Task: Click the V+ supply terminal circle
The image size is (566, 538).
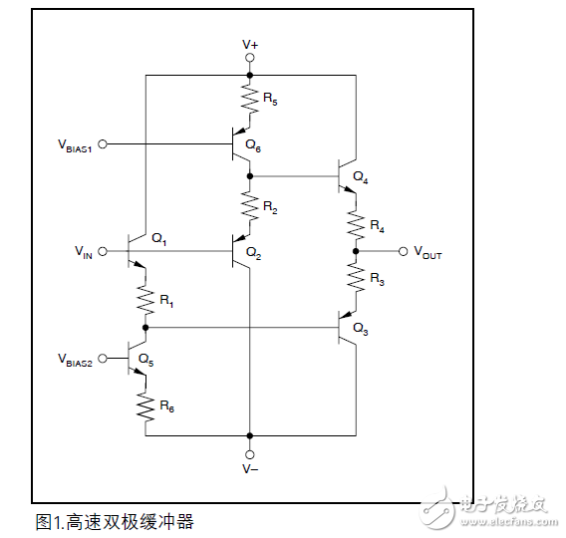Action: (250, 59)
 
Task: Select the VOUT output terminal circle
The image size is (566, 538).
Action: (403, 252)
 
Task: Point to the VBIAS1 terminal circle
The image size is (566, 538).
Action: (104, 143)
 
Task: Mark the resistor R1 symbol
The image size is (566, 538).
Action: (145, 297)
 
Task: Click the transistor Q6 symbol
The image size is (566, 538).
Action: (242, 144)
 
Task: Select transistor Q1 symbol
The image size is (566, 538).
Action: (140, 252)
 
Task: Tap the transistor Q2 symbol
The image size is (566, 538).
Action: (242, 252)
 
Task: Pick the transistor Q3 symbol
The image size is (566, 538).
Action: (349, 327)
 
